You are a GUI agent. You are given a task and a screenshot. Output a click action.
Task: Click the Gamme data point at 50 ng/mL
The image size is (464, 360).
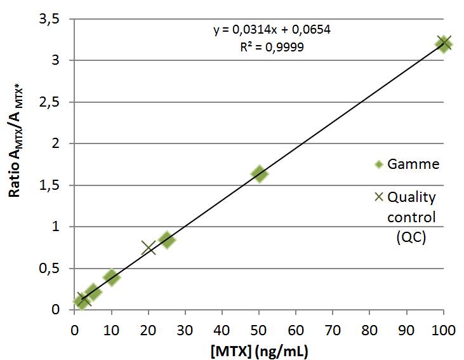pos(259,174)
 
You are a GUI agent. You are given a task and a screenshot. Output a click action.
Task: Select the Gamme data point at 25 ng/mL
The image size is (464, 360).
pos(167,240)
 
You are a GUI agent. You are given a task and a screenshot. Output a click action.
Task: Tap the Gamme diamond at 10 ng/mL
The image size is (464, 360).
pos(112,277)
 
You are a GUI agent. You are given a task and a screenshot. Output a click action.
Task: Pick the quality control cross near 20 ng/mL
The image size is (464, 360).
pos(149,248)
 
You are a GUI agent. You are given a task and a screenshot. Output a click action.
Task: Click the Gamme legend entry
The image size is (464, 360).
pos(406,164)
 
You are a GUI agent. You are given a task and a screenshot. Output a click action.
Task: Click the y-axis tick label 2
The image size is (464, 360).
pos(55,143)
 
